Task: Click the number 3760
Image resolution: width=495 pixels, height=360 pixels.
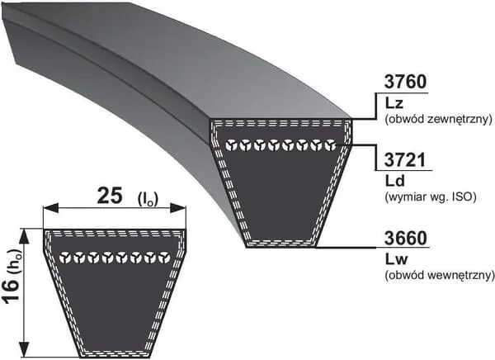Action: tap(405, 82)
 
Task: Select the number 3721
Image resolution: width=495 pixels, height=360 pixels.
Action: tap(405, 159)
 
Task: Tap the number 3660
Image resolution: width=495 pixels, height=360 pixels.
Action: tap(405, 238)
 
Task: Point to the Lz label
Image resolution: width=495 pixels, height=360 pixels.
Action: tap(394, 103)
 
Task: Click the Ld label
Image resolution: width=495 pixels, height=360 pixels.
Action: tap(395, 181)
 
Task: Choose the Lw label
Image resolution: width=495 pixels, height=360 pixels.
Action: tap(397, 259)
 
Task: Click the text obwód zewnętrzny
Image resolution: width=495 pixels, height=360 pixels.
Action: tap(439, 120)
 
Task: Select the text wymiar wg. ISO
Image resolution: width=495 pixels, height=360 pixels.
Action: tap(431, 197)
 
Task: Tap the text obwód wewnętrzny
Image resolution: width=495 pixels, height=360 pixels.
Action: tap(440, 275)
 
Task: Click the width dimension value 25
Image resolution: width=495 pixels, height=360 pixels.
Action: tap(110, 196)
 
